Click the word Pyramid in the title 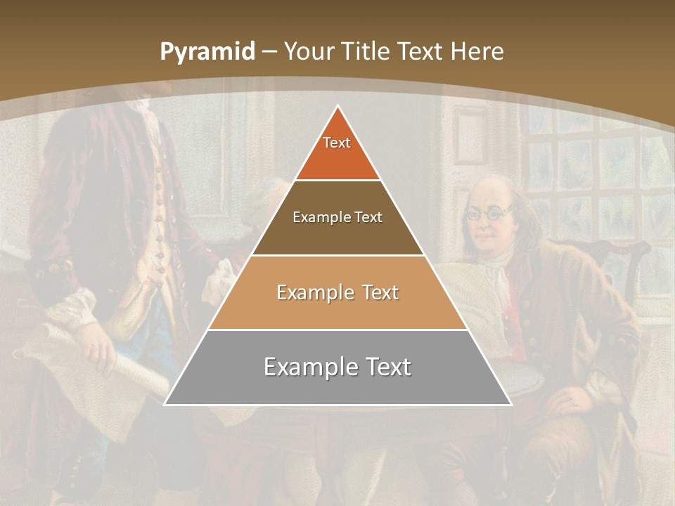(207, 52)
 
